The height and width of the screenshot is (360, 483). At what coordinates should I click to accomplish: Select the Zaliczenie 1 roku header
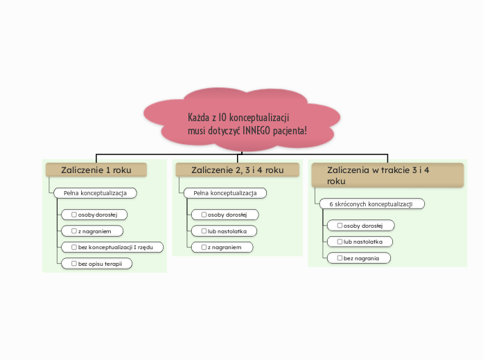(96, 170)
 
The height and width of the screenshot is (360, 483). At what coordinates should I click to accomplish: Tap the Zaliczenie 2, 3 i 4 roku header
(237, 170)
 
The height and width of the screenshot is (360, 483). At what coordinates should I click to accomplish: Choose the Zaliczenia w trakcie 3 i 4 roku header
(387, 174)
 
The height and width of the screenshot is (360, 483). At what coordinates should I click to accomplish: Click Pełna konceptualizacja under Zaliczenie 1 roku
(95, 192)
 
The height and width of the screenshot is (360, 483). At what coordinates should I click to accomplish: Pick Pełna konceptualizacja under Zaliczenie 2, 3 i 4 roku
(225, 192)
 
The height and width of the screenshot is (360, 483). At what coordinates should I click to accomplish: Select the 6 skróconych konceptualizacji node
(371, 204)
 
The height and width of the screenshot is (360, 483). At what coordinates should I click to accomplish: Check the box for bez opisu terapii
(74, 263)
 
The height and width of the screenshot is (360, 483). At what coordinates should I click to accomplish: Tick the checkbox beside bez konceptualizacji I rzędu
(74, 246)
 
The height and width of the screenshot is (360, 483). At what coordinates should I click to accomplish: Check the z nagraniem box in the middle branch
(204, 247)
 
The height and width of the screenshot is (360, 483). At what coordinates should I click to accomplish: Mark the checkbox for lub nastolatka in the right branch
(340, 242)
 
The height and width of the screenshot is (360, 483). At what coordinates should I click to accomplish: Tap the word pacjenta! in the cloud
(291, 131)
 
